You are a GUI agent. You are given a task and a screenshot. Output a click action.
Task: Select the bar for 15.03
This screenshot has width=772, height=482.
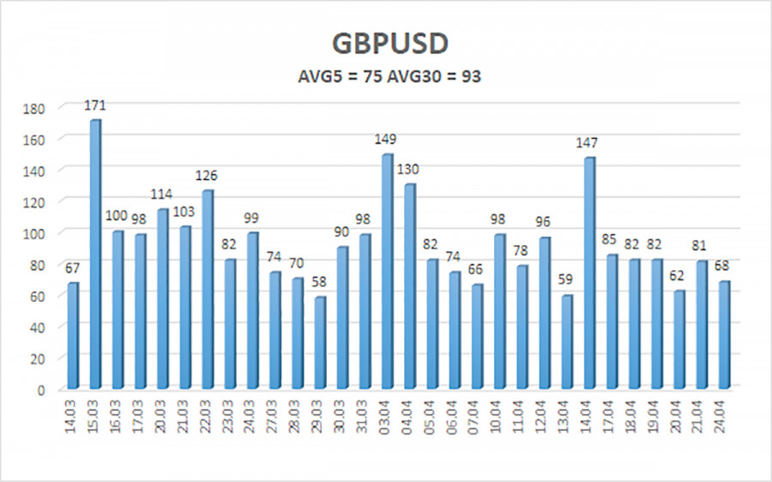(x=95, y=255)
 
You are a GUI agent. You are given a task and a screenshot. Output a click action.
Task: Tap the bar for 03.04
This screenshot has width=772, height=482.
(x=387, y=272)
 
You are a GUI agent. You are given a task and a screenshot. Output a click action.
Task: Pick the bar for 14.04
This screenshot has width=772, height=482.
(x=588, y=274)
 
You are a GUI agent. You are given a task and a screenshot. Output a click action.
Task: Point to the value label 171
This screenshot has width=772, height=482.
(x=95, y=105)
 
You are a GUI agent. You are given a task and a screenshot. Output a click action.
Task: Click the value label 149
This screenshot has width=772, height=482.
(x=387, y=140)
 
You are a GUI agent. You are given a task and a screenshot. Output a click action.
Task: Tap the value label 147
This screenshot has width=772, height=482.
(x=588, y=143)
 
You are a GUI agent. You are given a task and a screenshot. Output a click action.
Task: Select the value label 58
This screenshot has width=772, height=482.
(x=319, y=283)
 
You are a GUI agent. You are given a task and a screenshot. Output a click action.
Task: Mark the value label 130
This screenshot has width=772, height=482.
(x=409, y=170)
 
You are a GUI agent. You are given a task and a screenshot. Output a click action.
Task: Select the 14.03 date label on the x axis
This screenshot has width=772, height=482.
(x=73, y=418)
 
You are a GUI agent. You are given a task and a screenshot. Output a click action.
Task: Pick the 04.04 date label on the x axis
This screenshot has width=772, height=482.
(x=409, y=418)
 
